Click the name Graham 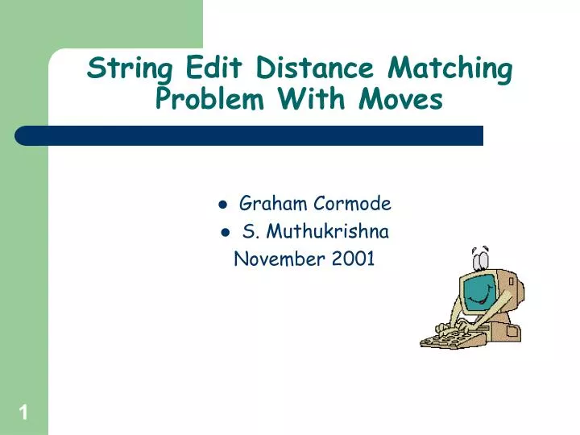[270, 205]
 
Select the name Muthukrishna [328, 233]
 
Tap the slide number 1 [23, 414]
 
